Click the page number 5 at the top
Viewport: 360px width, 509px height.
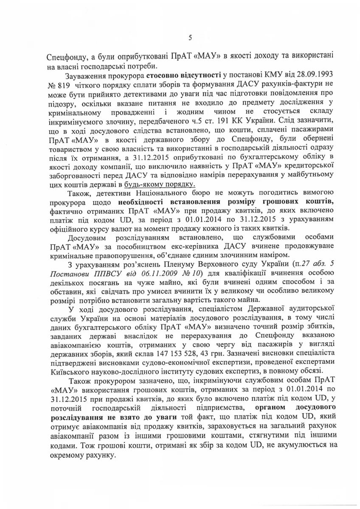(190, 38)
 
